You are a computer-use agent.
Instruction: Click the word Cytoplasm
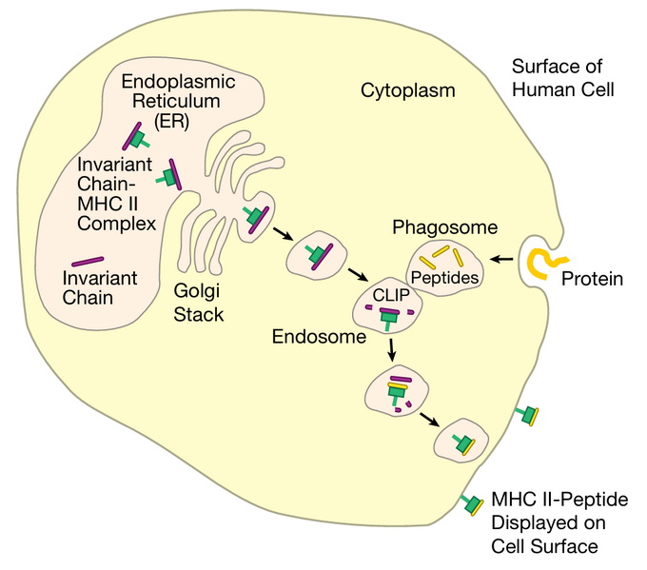tap(407, 91)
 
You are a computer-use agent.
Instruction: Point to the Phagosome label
tap(445, 228)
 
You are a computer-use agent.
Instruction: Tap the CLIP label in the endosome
tap(387, 295)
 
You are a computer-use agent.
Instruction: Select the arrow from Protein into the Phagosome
tap(502, 258)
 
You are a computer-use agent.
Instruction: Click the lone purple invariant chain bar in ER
tap(88, 260)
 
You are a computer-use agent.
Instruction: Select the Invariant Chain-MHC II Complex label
tap(118, 193)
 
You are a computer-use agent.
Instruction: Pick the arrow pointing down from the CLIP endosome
tap(390, 352)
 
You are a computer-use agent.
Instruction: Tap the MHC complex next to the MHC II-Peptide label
tap(471, 502)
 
